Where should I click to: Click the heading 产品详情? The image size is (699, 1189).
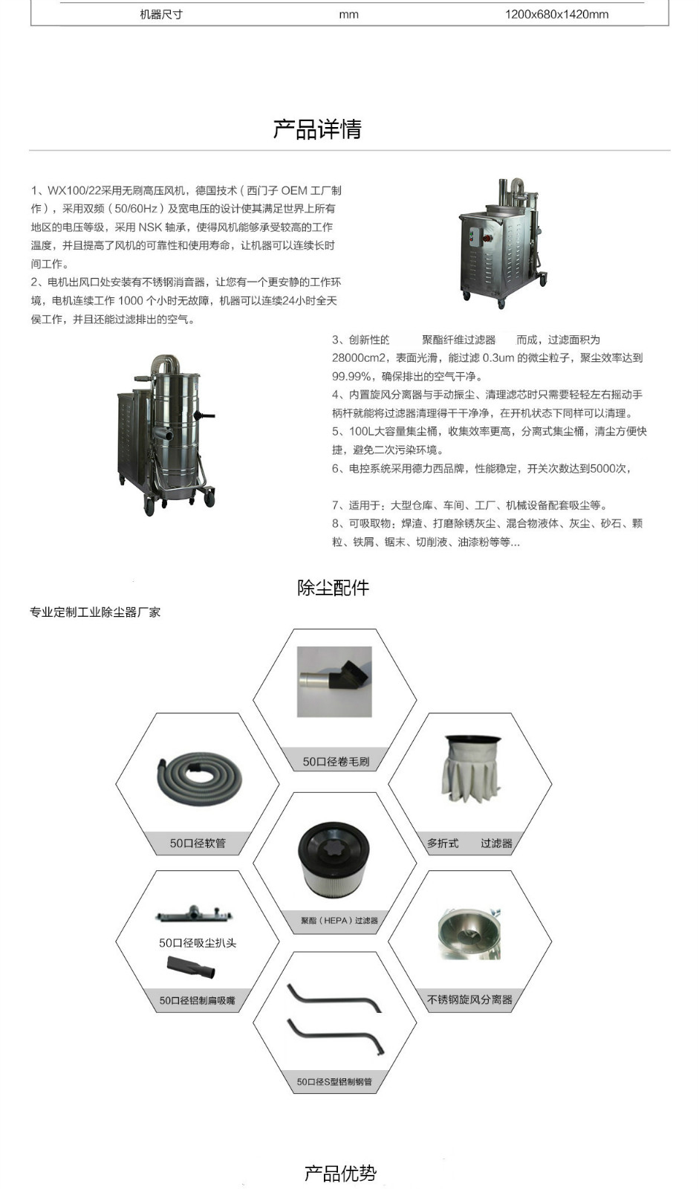click(317, 129)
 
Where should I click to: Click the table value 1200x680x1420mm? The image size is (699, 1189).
click(556, 14)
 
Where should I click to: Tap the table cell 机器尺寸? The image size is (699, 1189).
click(161, 14)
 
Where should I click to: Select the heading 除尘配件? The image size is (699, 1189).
click(333, 588)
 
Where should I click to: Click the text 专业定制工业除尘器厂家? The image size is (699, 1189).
click(95, 612)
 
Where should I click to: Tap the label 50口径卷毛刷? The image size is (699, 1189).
click(336, 762)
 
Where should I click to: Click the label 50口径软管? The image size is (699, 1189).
click(198, 843)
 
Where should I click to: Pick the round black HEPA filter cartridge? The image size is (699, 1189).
click(334, 858)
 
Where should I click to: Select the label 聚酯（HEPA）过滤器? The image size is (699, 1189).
click(339, 921)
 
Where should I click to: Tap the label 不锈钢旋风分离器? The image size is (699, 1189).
click(469, 1000)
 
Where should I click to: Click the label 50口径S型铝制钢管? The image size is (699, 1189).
click(334, 1082)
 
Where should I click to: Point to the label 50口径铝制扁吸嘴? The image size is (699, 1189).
click(197, 1001)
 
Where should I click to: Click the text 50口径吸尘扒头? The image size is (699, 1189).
click(198, 943)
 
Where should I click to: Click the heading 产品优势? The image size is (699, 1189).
click(340, 1173)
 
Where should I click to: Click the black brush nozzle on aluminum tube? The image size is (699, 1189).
click(336, 680)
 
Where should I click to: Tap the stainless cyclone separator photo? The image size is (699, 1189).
click(469, 933)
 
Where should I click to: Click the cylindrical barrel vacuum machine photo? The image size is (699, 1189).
click(168, 434)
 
